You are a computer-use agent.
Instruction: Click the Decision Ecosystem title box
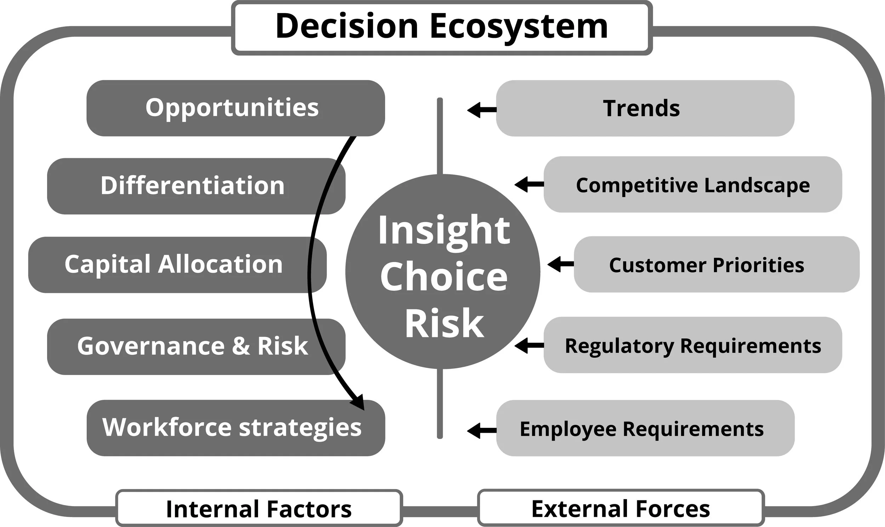pos(442,27)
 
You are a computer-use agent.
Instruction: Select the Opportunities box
pos(233,108)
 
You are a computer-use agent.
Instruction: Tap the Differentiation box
pos(193,186)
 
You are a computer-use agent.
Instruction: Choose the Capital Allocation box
pos(174,265)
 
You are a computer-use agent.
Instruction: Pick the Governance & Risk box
pos(193,346)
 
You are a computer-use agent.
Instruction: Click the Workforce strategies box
pos(233,427)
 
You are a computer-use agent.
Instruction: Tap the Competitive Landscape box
pos(692,185)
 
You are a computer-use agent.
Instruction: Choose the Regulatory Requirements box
pos(692,346)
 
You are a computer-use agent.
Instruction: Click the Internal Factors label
pos(259,509)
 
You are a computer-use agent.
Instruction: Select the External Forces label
pos(620,508)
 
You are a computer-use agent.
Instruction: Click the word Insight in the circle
pos(444,231)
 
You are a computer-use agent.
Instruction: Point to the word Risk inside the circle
pos(444,323)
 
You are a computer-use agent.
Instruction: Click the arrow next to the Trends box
pos(481,110)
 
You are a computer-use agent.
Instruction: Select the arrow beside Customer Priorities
pos(561,264)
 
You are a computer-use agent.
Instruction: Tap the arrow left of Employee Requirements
pos(481,430)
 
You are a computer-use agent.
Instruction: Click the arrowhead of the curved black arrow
pos(359,403)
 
